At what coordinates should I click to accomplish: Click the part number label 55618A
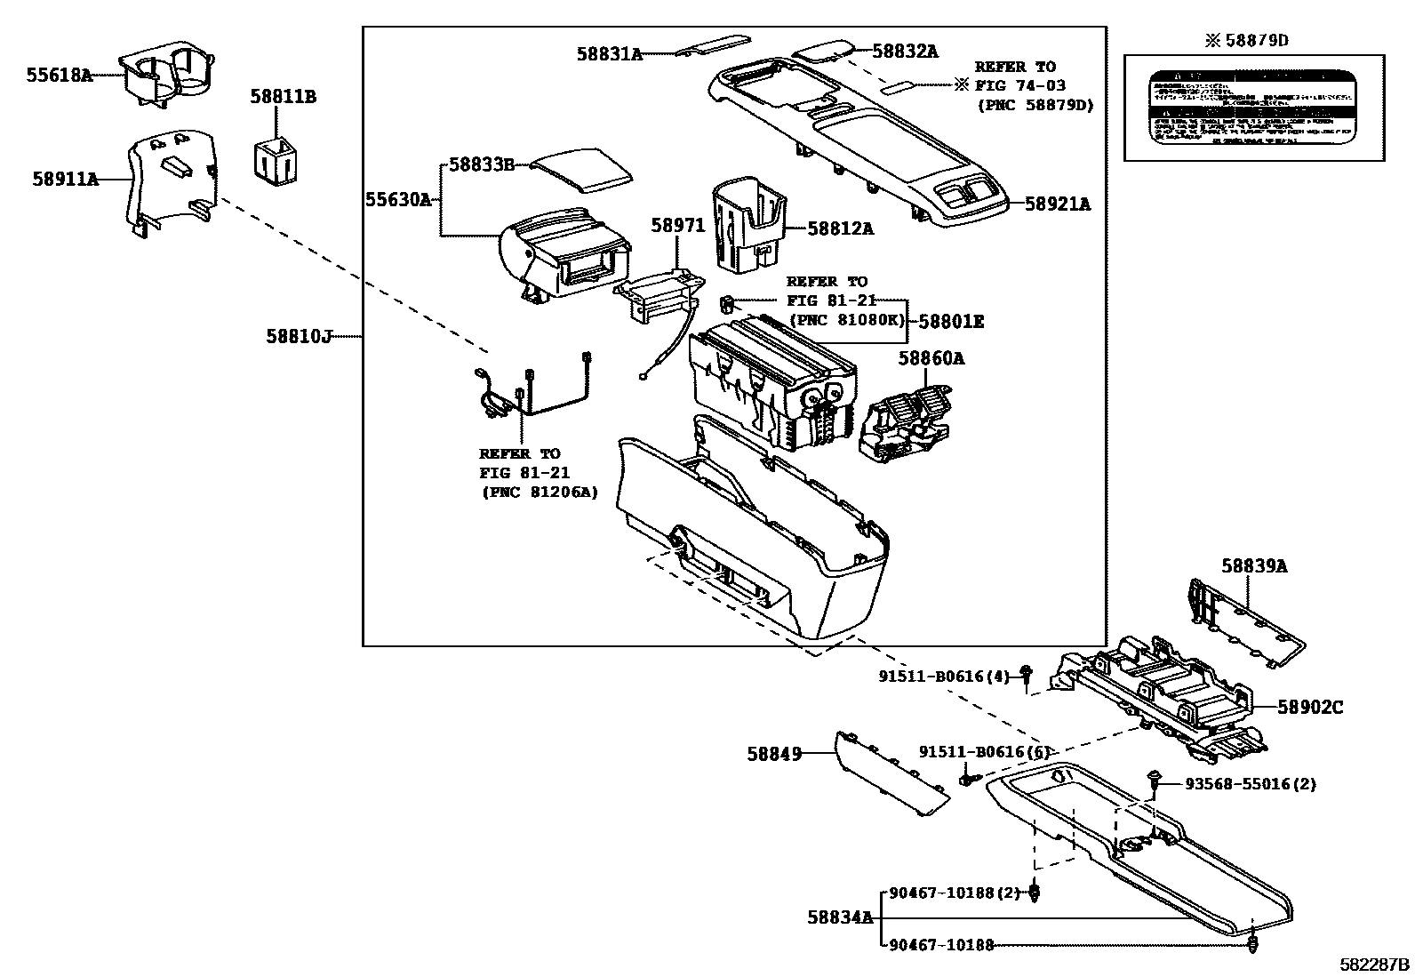tap(59, 76)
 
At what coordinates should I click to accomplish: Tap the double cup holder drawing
tap(169, 76)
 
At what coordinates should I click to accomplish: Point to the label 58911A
tap(65, 179)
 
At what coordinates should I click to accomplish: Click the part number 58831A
tap(609, 54)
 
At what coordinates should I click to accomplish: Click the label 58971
tap(677, 226)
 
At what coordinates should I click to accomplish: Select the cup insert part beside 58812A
tap(749, 225)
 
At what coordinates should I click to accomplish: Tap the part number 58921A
tap(1057, 204)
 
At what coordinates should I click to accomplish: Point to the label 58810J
tap(298, 336)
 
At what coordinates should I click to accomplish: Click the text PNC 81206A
tap(539, 491)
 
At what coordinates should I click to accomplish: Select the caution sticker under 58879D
tap(1253, 107)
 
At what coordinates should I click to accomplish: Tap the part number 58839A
tap(1253, 565)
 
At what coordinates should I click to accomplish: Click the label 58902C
tap(1310, 707)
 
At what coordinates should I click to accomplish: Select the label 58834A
tap(840, 917)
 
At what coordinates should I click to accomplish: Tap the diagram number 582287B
tap(1375, 964)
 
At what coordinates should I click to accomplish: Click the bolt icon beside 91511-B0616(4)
tap(1026, 677)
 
